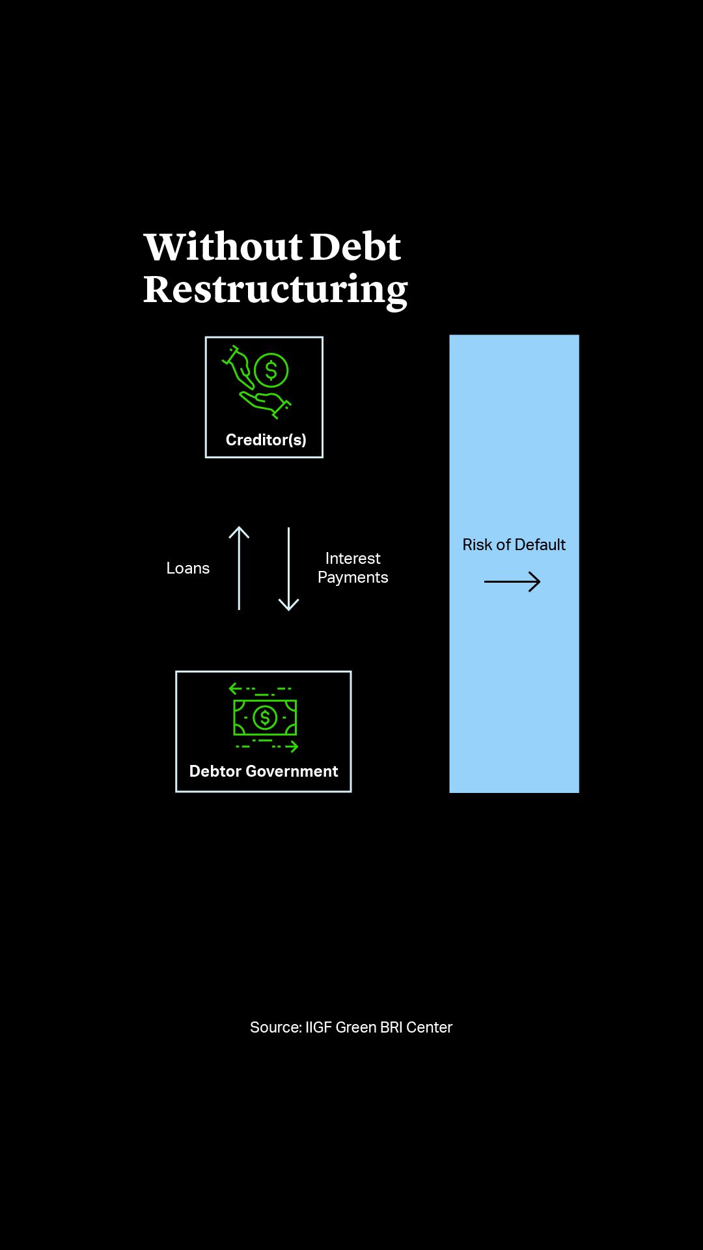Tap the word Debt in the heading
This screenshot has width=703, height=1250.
coord(355,247)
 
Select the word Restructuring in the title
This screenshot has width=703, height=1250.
coord(275,290)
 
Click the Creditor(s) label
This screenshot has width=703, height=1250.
coord(266,440)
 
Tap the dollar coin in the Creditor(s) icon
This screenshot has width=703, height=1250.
coord(271,370)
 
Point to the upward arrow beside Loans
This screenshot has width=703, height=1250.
coord(239,568)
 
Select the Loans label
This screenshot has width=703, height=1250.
coord(187,568)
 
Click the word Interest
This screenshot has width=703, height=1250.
coord(353,559)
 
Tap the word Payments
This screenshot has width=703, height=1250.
coord(353,577)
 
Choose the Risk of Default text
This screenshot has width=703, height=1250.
coord(514,545)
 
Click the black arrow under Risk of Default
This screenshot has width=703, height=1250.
coord(512,581)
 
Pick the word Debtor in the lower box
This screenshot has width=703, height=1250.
coord(215,771)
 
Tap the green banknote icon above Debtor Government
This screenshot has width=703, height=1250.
coord(265,717)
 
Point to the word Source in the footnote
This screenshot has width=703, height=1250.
coord(275,1027)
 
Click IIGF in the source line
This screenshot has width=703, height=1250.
coord(318,1027)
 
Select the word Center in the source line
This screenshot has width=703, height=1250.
coord(429,1027)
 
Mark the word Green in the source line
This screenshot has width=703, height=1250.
coord(355,1027)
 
